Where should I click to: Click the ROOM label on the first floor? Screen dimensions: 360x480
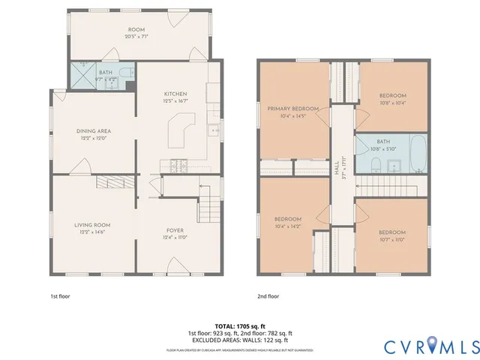pos(136,29)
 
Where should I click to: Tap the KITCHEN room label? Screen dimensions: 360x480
pos(175,94)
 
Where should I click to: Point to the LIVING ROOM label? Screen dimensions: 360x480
pos(92,225)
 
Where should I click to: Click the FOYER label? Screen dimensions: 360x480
pos(175,230)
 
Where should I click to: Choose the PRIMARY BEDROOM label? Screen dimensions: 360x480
pos(293,109)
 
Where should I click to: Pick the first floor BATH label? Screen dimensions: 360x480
pos(106,72)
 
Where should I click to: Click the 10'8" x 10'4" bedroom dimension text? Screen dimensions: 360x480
pos(392,103)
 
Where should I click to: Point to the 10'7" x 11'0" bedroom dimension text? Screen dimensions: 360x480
pos(392,239)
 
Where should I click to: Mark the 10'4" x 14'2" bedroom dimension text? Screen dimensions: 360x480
pos(288,226)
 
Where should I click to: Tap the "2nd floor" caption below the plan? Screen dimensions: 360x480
pos(268,296)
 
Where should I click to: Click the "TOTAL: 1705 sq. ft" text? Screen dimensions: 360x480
pos(239,327)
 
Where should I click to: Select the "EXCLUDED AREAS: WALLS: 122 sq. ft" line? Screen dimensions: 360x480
pos(239,340)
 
